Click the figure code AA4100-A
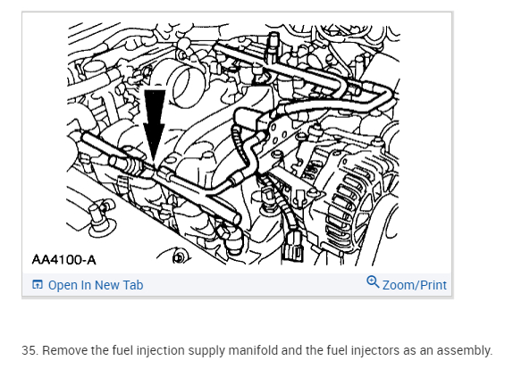(64, 260)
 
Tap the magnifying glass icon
(373, 282)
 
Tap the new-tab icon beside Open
(38, 285)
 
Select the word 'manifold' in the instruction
(253, 350)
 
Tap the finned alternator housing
(360, 199)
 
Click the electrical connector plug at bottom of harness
(292, 247)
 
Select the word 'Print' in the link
(433, 285)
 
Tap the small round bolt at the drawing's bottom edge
(179, 258)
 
